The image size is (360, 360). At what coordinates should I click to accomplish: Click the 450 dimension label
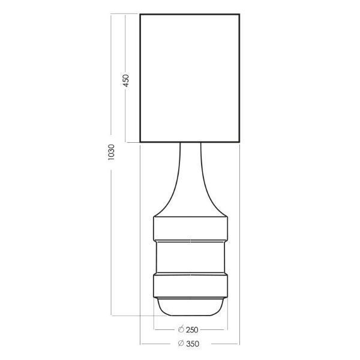tap(126, 80)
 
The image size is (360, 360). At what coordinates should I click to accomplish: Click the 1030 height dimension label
tap(111, 152)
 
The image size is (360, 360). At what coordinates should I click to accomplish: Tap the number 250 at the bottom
tap(192, 330)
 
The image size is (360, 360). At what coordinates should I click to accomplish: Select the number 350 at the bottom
tap(193, 344)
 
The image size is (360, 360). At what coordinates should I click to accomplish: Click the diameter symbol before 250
tap(181, 329)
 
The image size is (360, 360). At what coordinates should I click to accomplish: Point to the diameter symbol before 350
tap(181, 343)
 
